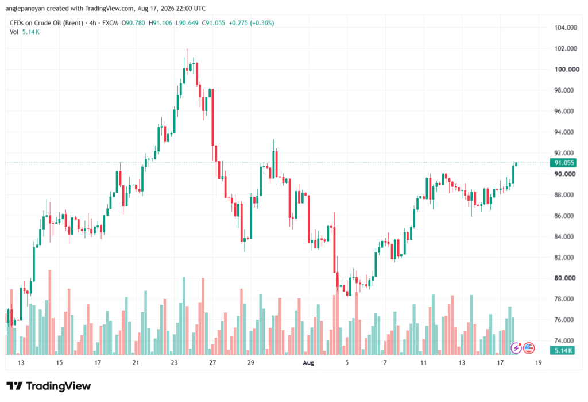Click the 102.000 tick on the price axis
tap(566, 48)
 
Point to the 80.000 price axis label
tap(566, 278)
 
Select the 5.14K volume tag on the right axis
tap(562, 351)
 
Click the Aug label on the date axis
tap(308, 362)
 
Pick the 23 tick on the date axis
tap(174, 362)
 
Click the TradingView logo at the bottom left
tap(49, 386)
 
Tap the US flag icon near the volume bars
tap(529, 349)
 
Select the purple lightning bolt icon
tap(516, 349)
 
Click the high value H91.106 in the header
tap(161, 23)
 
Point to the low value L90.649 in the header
tap(187, 23)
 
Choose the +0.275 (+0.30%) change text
tap(252, 23)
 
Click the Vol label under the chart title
tap(14, 32)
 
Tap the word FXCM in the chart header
tap(110, 23)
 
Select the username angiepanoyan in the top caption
tap(25, 8)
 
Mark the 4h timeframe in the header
tap(92, 23)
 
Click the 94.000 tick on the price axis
tap(566, 132)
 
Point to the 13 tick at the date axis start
tap(21, 362)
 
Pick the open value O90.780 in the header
tap(133, 23)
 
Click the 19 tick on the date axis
tap(539, 362)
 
